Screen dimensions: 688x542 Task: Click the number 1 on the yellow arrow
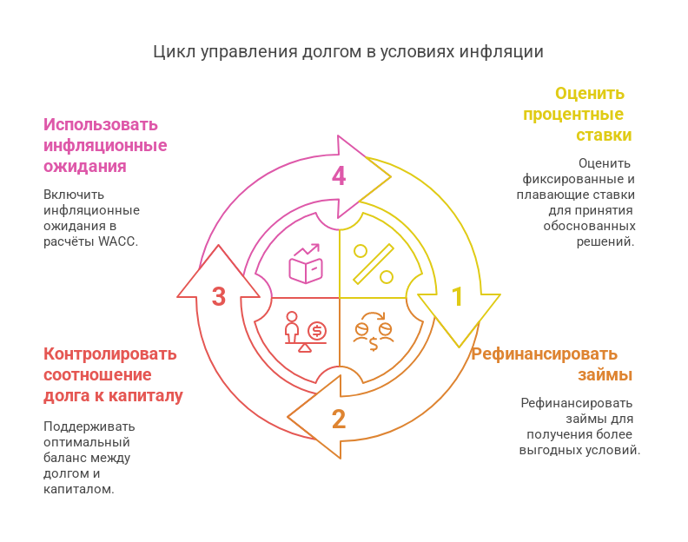457,296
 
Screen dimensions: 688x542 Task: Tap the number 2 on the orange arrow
339,419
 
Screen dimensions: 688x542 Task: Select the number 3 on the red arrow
219,296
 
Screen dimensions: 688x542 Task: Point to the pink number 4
339,176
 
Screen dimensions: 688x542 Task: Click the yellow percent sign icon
374,264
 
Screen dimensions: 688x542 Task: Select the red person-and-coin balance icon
306,332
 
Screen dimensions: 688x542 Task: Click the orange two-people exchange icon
374,332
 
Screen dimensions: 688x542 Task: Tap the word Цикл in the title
175,52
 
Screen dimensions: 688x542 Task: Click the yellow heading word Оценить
590,94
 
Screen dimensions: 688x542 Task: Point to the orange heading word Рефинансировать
545,354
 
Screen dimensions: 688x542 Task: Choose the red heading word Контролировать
110,354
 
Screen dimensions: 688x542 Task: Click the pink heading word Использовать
101,124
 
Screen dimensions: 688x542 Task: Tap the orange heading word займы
605,374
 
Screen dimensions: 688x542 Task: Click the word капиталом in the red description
78,489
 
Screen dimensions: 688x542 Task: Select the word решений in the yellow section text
605,241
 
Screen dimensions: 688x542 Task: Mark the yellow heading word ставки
604,135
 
